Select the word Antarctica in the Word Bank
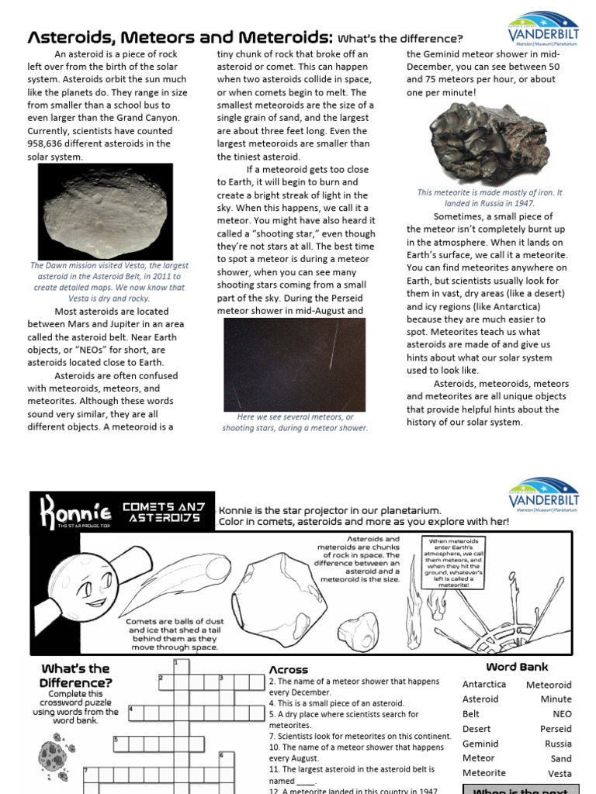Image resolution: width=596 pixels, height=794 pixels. (x=483, y=685)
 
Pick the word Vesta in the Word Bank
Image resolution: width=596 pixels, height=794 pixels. (x=559, y=773)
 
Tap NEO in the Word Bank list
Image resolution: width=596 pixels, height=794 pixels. (x=562, y=714)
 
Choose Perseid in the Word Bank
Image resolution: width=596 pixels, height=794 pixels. (x=556, y=729)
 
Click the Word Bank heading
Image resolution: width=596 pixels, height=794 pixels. (x=517, y=667)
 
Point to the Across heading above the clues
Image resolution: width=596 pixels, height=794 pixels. (x=289, y=670)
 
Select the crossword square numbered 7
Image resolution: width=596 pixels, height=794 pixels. (x=88, y=774)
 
